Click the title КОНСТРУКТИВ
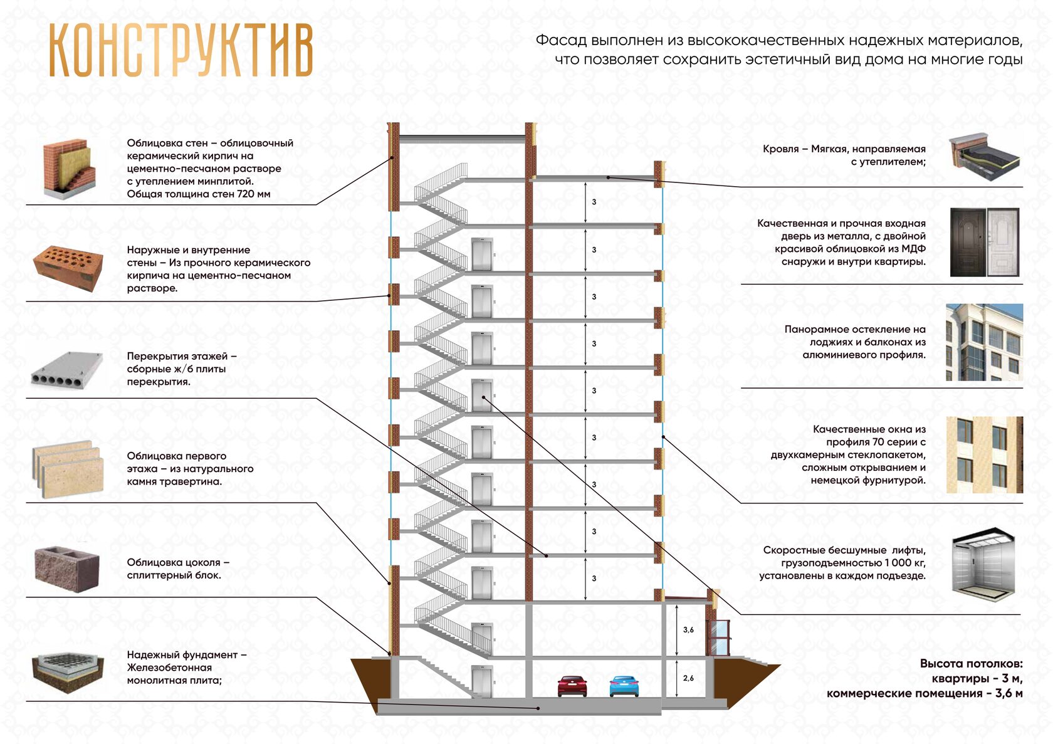click(181, 51)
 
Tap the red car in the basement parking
click(572, 686)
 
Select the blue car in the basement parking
click(624, 686)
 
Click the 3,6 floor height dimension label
click(688, 630)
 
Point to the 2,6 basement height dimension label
click(688, 678)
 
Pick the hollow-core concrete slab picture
click(67, 370)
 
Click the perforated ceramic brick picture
click(68, 268)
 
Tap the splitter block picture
click(67, 568)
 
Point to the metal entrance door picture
click(984, 243)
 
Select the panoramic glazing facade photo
click(984, 342)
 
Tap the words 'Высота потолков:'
click(971, 664)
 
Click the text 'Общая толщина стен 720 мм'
click(199, 194)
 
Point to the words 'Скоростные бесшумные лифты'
click(844, 550)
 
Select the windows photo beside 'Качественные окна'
click(984, 454)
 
